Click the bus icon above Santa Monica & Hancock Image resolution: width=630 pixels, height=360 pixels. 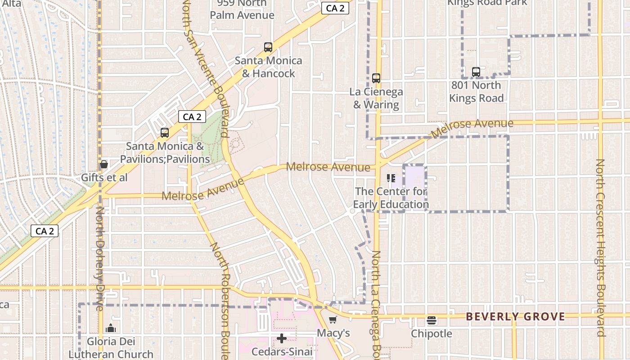point(268,47)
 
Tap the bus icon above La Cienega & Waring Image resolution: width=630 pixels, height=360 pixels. point(376,78)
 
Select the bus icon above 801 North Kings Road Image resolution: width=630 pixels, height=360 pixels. point(476,72)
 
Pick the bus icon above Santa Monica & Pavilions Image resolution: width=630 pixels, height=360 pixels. point(165,133)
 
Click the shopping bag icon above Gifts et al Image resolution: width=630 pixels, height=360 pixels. point(104,165)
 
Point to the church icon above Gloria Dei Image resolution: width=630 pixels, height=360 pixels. point(111,328)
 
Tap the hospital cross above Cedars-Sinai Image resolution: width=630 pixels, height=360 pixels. point(282,338)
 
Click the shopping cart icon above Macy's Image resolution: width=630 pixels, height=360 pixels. point(333,320)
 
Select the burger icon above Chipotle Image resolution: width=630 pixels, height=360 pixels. point(432,320)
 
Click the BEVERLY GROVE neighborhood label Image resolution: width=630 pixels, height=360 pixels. point(515,317)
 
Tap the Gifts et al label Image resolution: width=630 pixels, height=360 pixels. point(104,178)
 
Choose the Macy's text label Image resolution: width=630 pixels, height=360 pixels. point(333,333)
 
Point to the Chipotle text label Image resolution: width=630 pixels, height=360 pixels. point(432,334)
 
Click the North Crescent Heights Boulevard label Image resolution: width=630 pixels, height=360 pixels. point(600,247)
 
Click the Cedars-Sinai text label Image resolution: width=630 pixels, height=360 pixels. point(282,351)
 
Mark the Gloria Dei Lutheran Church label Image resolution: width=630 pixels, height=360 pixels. point(111,348)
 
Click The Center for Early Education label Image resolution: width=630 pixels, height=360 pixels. point(391,198)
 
